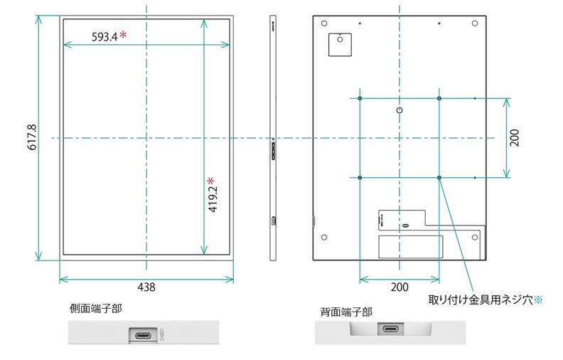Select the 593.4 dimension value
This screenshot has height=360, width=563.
[104, 36]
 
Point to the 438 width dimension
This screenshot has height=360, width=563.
[146, 287]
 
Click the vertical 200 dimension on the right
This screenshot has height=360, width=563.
[515, 137]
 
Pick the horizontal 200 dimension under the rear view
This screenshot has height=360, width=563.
[400, 287]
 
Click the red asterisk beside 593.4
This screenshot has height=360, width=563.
[123, 35]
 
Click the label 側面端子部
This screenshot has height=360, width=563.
[95, 309]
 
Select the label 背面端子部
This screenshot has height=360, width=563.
[346, 312]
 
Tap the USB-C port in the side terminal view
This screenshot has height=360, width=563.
[143, 334]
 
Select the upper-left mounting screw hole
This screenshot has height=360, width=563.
[360, 97]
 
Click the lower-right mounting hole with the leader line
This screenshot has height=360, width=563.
[439, 176]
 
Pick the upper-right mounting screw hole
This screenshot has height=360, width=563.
[439, 97]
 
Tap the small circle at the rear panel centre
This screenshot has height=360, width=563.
[400, 111]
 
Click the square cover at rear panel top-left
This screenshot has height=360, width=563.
[339, 43]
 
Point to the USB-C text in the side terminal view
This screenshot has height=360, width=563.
[162, 334]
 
